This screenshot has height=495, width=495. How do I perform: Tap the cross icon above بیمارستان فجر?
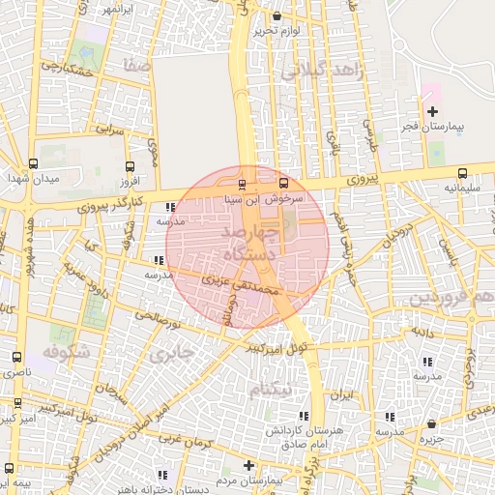(x=431, y=111)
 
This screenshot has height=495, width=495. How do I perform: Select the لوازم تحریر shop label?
(x=279, y=31)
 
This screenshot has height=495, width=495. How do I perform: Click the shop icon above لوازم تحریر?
(x=278, y=15)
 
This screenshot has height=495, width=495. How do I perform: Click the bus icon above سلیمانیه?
(x=461, y=174)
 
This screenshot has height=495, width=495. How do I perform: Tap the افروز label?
(x=130, y=181)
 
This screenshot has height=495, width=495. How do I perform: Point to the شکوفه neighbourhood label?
(x=67, y=352)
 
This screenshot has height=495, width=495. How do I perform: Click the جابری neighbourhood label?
(x=171, y=354)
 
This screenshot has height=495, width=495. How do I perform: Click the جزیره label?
(x=431, y=439)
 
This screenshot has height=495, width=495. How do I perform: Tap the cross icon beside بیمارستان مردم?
(x=248, y=465)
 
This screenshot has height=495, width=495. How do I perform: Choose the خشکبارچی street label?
(x=65, y=68)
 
